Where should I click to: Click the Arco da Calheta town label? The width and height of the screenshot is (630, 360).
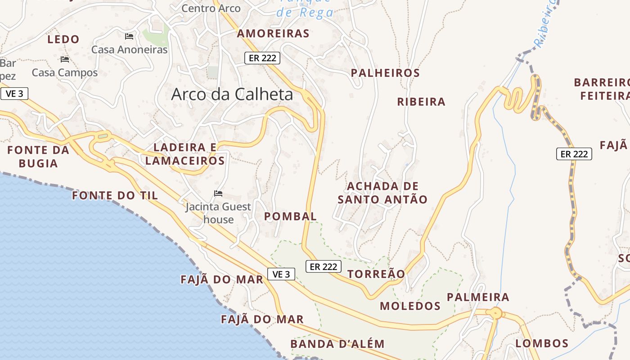[232, 94]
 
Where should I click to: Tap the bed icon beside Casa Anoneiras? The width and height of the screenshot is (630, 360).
[129, 36]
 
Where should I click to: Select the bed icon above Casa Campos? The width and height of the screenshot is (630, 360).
[65, 59]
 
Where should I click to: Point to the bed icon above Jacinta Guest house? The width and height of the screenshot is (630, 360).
[218, 193]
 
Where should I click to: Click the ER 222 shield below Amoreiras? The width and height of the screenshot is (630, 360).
[262, 58]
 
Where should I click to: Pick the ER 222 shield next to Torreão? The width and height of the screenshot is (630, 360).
[323, 266]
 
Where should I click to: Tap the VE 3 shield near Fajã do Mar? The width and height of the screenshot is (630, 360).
[281, 274]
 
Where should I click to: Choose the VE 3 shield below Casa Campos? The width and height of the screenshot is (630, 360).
[14, 94]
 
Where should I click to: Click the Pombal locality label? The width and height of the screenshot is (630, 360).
[290, 216]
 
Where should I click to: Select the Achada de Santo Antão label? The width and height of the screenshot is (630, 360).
[382, 193]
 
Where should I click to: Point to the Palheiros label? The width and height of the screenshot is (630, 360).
[385, 73]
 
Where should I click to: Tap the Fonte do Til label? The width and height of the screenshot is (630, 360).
[115, 195]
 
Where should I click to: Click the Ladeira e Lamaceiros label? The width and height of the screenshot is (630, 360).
[185, 154]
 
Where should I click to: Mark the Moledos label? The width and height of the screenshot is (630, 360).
[410, 306]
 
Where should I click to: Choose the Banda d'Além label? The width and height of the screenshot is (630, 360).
[337, 344]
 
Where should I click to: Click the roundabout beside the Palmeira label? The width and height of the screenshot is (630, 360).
[496, 313]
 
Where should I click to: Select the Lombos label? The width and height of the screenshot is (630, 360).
[542, 343]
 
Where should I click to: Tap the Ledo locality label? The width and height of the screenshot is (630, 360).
[63, 40]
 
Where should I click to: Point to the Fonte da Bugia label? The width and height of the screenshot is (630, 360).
[38, 157]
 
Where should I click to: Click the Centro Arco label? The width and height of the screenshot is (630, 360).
[211, 8]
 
